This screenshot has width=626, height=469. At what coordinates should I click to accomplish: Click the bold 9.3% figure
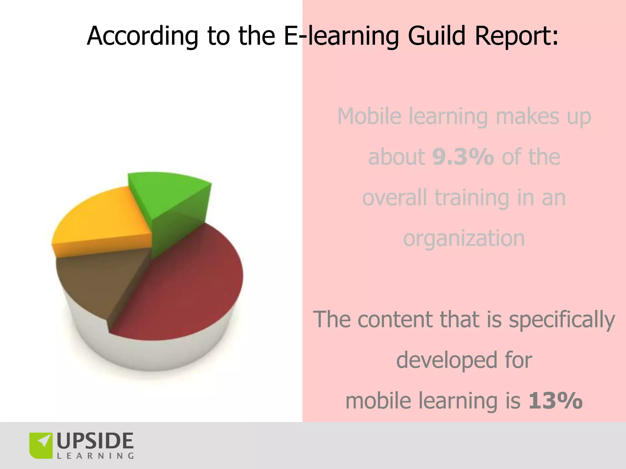[x=463, y=157]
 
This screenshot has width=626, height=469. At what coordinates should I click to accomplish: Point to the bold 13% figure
[x=555, y=400]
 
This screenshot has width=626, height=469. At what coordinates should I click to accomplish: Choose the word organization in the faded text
[x=464, y=239]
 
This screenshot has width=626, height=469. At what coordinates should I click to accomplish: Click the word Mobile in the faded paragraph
[x=369, y=116]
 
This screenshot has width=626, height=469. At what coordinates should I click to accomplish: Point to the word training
[x=472, y=198]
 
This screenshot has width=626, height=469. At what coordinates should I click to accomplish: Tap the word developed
[x=446, y=360]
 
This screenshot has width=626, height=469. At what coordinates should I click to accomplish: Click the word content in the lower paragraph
[x=396, y=319]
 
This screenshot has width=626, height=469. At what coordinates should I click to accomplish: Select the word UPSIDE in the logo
[x=95, y=441]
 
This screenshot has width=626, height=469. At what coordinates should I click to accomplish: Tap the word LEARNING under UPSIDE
[x=95, y=456]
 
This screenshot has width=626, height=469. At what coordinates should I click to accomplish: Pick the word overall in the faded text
[x=395, y=198]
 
